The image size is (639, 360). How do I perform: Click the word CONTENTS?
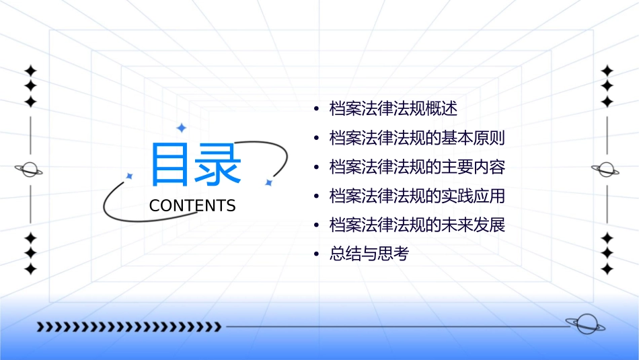[192, 206]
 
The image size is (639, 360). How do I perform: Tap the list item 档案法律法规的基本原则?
[416, 138]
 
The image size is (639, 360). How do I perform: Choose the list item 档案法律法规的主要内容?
[416, 167]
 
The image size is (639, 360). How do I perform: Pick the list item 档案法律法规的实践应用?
[416, 196]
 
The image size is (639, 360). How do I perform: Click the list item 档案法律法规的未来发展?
[416, 225]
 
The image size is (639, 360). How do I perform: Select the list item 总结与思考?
[369, 254]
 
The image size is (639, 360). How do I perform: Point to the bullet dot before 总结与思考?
[316, 255]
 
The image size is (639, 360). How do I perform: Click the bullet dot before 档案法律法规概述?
[316, 109]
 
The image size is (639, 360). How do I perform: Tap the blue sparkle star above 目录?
[180, 127]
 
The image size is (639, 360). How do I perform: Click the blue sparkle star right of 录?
[268, 182]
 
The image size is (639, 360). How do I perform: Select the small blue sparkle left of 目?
[129, 176]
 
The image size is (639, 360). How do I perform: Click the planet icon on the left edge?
[29, 170]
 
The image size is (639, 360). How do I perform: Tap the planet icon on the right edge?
[606, 170]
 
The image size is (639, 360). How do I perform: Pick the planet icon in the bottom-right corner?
[585, 325]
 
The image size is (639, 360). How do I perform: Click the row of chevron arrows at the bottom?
[128, 327]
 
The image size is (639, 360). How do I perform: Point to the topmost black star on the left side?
[30, 70]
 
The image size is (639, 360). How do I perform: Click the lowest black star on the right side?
[607, 269]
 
